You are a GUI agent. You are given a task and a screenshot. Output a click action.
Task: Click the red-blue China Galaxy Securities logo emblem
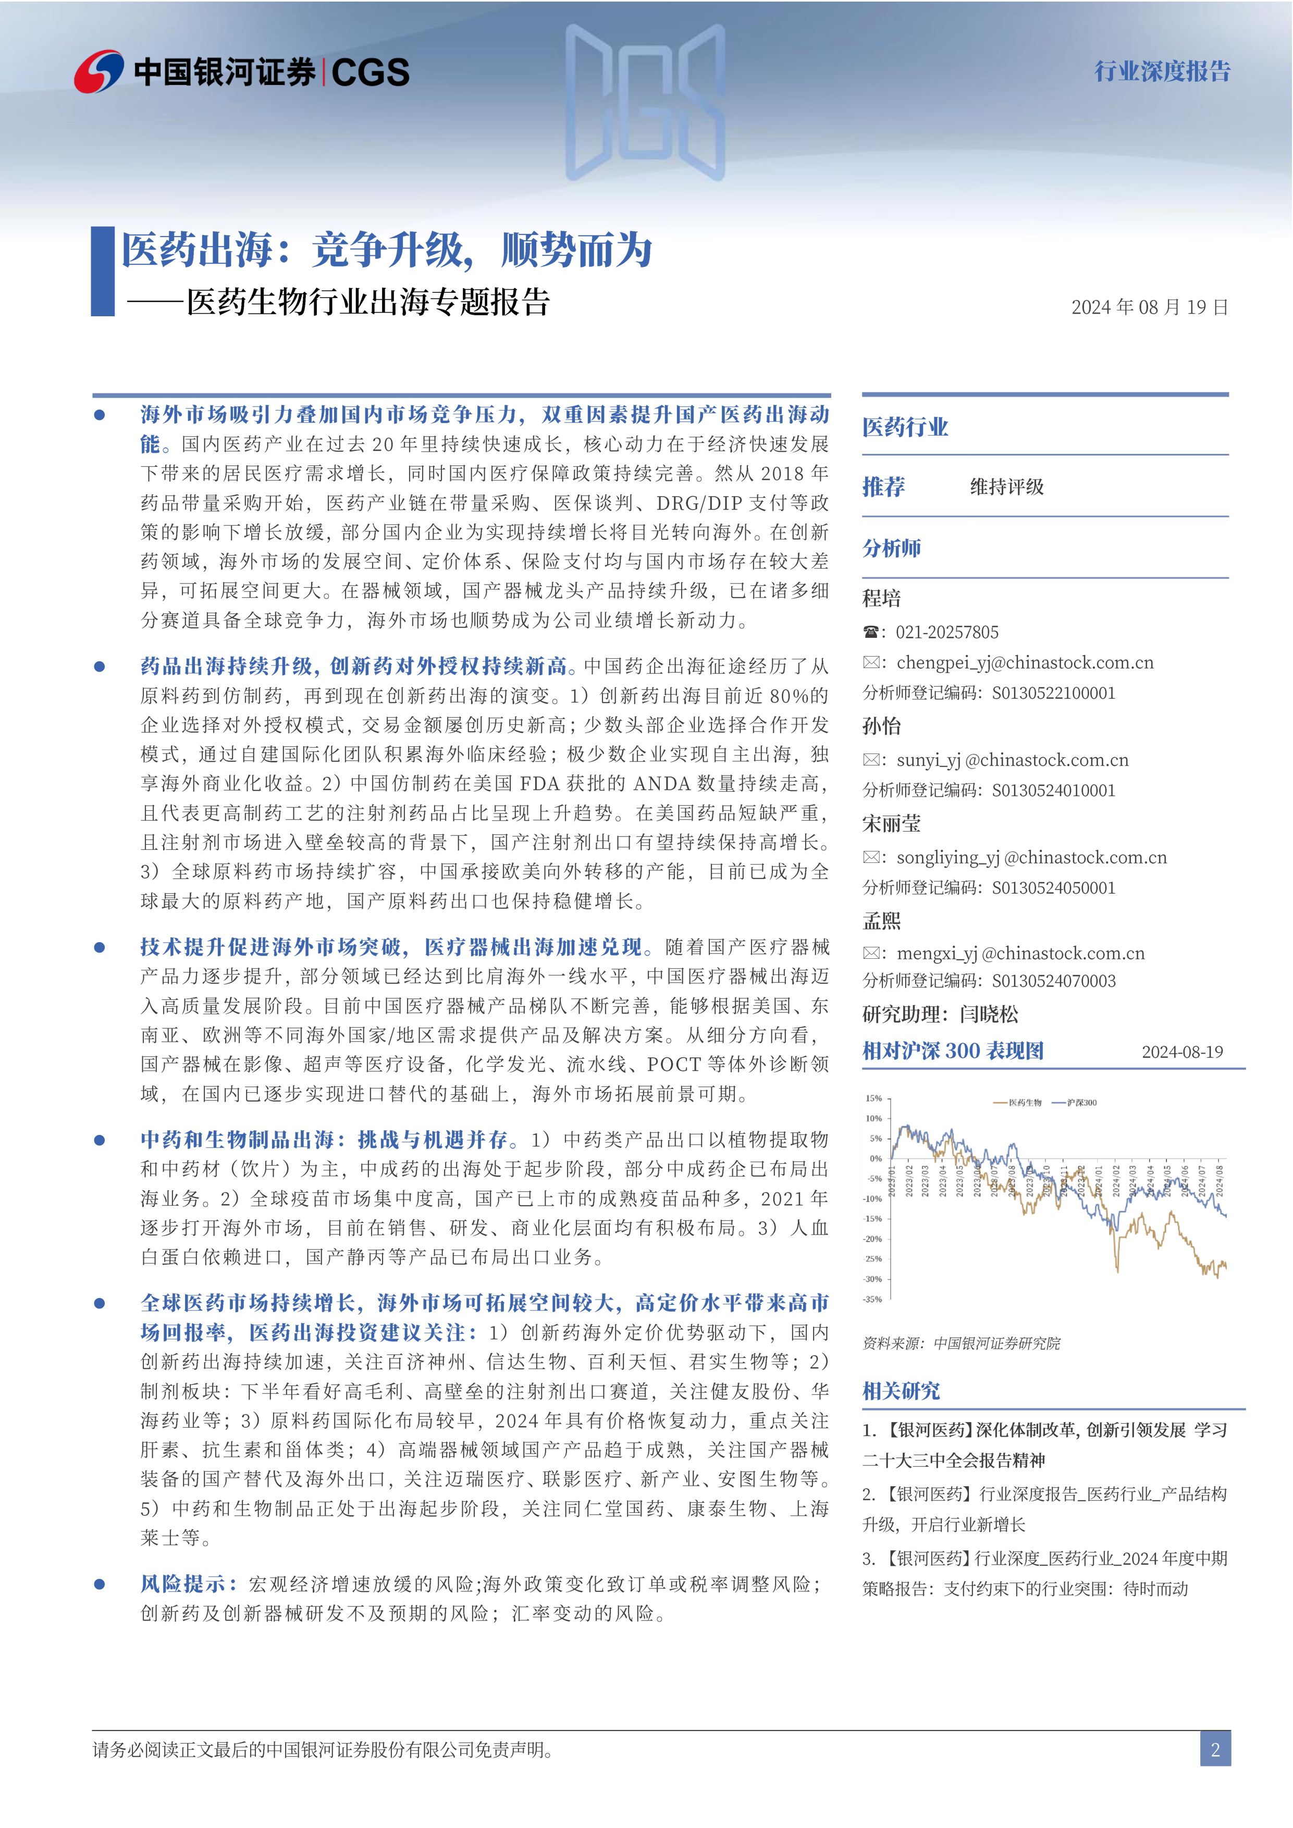pyautogui.click(x=98, y=72)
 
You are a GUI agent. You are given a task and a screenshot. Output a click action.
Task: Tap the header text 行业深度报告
pyautogui.click(x=1162, y=72)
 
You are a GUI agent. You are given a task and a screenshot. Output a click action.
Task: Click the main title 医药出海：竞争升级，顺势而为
pyautogui.click(x=387, y=250)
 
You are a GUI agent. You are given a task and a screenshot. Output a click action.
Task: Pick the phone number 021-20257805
pyautogui.click(x=946, y=632)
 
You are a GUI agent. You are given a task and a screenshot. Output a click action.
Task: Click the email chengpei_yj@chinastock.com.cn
pyautogui.click(x=1025, y=662)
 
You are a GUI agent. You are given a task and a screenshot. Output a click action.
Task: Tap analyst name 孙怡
pyautogui.click(x=881, y=726)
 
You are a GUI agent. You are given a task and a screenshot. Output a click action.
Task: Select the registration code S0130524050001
pyautogui.click(x=1053, y=888)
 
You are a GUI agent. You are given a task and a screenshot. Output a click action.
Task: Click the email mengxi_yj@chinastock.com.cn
pyautogui.click(x=1020, y=953)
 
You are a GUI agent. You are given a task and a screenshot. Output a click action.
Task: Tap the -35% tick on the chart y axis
pyautogui.click(x=873, y=1299)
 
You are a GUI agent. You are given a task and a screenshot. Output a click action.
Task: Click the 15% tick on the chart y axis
pyautogui.click(x=874, y=1098)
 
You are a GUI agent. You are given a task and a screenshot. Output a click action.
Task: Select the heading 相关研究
pyautogui.click(x=901, y=1391)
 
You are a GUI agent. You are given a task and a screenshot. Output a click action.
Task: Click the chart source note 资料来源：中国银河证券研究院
pyautogui.click(x=961, y=1343)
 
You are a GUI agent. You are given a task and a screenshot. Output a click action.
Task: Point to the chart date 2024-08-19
pyautogui.click(x=1183, y=1052)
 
